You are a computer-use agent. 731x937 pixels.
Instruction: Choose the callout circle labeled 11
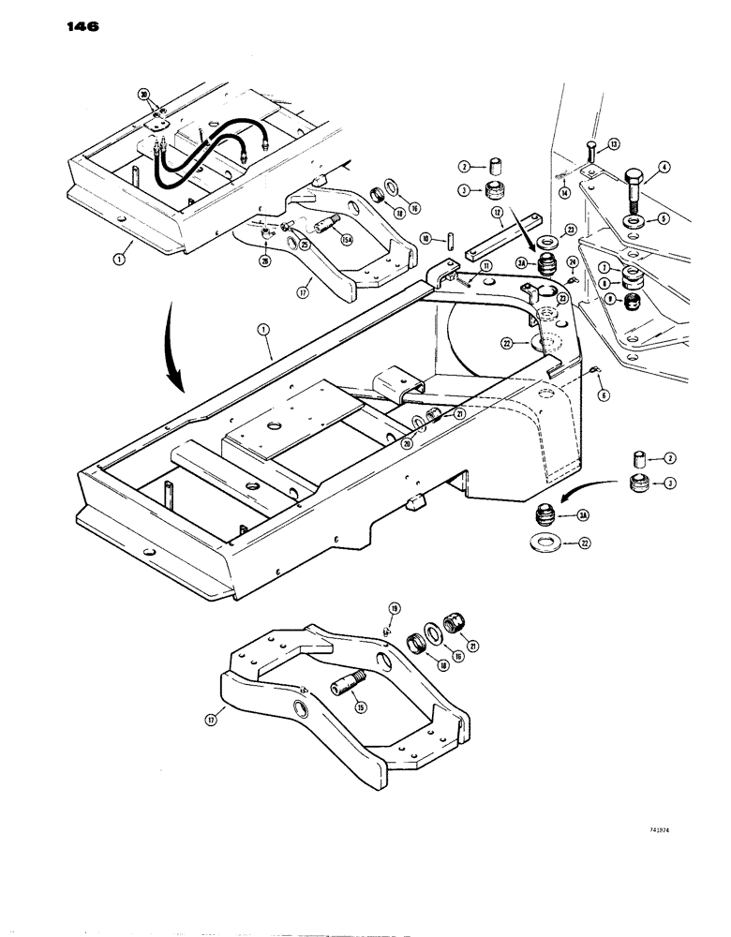pyautogui.click(x=486, y=267)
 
